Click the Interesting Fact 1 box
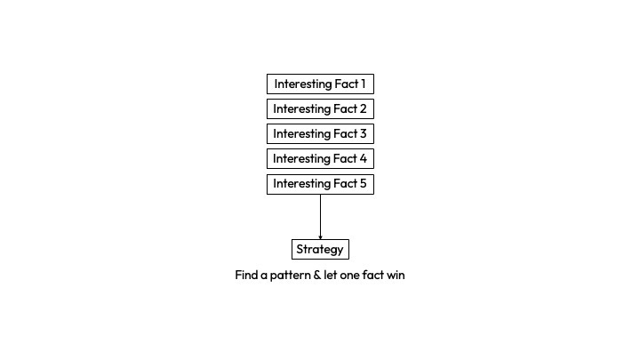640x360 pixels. tap(320, 84)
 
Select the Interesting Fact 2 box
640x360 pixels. tap(320, 109)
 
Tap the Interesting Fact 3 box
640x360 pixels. tap(320, 134)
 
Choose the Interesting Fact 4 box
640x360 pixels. tap(320, 159)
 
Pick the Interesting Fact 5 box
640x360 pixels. tap(320, 184)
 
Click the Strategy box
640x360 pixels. tap(320, 249)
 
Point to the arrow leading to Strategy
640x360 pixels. tap(320, 215)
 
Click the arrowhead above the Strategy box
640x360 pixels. tap(320, 236)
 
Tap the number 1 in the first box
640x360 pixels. tap(362, 84)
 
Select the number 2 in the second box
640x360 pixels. tap(363, 109)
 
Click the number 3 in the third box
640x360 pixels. tap(363, 134)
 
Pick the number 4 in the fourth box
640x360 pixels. tap(363, 159)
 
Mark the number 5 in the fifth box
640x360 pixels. tap(363, 184)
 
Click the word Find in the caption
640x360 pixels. tap(246, 276)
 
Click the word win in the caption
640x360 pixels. tap(395, 276)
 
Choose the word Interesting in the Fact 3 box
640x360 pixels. tap(302, 134)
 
